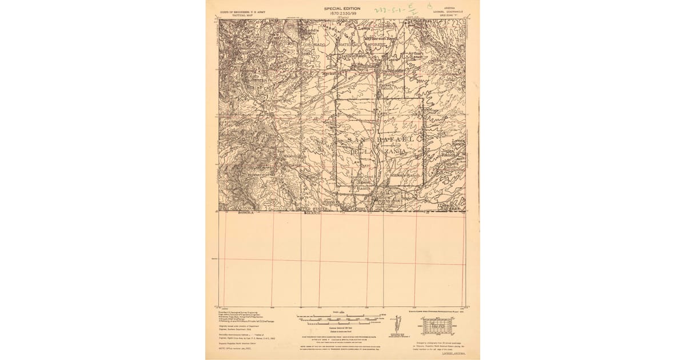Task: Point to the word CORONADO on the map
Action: tap(314, 44)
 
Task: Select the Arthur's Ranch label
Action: tap(418, 55)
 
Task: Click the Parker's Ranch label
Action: tap(387, 87)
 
